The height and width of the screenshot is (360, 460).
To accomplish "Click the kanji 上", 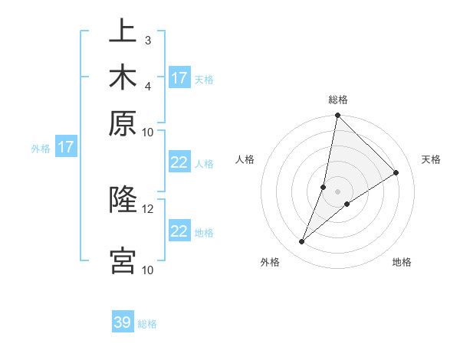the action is [123, 32].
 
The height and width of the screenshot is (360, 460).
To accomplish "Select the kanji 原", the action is [123, 123].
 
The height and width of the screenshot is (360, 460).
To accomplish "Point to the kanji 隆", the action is [123, 200].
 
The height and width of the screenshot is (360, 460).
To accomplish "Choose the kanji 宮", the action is [123, 260].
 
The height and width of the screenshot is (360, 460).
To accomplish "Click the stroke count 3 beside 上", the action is [147, 39].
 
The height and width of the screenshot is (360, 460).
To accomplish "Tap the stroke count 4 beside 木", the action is [147, 85].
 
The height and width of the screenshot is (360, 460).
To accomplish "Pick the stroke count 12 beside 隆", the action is [147, 208].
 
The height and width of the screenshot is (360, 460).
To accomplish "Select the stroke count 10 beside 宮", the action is [147, 270].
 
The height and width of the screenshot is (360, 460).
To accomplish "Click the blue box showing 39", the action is [123, 323].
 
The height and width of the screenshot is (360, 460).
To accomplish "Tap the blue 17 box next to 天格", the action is [179, 78].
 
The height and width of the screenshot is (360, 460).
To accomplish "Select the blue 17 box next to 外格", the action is [66, 147].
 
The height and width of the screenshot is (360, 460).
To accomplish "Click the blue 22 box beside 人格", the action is [179, 162].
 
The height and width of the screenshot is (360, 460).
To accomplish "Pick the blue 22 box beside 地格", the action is [179, 231].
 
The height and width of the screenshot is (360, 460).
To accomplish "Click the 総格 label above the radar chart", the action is [338, 100].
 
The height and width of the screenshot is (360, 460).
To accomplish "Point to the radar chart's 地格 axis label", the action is [402, 263].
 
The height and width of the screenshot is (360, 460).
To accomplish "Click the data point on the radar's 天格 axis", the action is [396, 173].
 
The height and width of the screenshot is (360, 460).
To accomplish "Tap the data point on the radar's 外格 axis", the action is [302, 242].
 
